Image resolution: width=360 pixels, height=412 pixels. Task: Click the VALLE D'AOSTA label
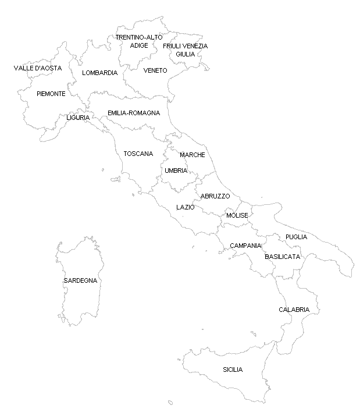coord(37,68)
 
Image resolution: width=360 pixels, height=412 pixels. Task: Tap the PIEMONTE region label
coord(51,94)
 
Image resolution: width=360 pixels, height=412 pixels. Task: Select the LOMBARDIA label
coord(99,73)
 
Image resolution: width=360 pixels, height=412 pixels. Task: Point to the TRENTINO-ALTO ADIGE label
coord(139,41)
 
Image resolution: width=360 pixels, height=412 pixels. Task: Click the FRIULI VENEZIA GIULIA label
coord(185,49)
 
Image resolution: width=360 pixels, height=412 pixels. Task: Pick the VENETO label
coord(155,70)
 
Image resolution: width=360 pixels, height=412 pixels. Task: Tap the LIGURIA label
coord(78,118)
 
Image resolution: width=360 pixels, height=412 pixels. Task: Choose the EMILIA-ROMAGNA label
coord(133,113)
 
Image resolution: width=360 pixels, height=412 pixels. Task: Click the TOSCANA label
coord(138,154)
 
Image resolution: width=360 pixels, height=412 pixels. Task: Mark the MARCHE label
coord(192,155)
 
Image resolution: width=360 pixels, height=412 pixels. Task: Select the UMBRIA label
coord(176,171)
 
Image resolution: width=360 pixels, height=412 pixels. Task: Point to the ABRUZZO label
coord(215,196)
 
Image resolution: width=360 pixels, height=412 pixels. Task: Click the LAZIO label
coord(185,207)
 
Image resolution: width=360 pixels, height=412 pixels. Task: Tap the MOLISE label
coord(237,215)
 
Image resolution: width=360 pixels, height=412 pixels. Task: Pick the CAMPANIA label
coord(245,246)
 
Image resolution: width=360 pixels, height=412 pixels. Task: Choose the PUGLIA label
coord(296,237)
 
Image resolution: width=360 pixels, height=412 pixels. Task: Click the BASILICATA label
coord(283,256)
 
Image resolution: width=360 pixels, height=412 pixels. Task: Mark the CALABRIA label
coord(294,309)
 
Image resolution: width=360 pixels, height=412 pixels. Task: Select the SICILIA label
coord(233,370)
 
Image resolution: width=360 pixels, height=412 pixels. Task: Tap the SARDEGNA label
coord(80,280)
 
